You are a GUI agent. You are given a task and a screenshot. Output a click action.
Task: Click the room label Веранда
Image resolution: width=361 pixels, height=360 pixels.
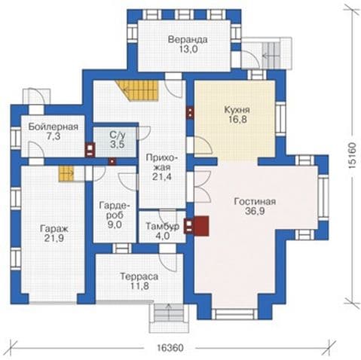(x=188, y=40)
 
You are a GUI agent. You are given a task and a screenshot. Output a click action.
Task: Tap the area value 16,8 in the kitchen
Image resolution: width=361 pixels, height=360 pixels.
(x=237, y=120)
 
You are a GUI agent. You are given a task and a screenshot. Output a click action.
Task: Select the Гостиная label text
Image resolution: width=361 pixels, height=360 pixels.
(x=255, y=202)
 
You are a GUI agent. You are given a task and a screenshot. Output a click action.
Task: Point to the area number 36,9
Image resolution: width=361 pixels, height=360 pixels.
(x=255, y=211)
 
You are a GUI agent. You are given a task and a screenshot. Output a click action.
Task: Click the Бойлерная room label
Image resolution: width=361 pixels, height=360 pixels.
(x=54, y=127)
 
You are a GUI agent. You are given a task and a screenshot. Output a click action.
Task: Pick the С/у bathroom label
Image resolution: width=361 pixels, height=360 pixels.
(x=118, y=136)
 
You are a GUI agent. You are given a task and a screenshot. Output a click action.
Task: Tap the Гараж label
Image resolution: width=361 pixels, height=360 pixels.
(x=54, y=229)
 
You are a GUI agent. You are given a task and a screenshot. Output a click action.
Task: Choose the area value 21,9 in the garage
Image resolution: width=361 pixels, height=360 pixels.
(x=54, y=238)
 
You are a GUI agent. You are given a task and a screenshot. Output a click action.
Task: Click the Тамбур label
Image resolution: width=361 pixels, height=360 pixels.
(x=163, y=226)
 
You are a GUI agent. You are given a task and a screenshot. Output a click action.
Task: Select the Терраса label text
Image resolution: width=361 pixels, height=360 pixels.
(x=139, y=276)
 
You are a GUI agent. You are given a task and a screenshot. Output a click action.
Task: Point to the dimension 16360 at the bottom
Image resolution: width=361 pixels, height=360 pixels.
(x=170, y=348)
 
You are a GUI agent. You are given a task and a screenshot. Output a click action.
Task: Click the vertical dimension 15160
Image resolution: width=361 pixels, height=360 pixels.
(x=352, y=156)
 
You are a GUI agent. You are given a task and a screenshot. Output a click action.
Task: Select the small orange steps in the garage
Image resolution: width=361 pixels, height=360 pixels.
(x=66, y=173)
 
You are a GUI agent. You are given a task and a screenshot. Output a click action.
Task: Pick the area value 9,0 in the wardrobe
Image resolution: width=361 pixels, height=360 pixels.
(x=115, y=224)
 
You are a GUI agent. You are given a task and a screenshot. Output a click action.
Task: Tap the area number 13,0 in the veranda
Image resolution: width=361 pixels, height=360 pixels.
(x=188, y=49)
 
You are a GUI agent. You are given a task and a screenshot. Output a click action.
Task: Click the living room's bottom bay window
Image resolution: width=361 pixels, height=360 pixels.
(x=234, y=314)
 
